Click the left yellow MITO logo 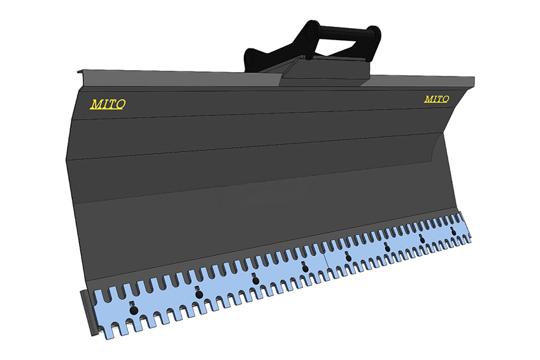[x=108, y=104]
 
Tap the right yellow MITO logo [x=437, y=99]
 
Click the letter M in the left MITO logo [x=96, y=104]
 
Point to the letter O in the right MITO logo [x=446, y=99]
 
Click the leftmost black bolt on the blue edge [x=134, y=310]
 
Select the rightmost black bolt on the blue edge [x=453, y=232]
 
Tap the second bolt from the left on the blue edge [x=199, y=294]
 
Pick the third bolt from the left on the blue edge [x=255, y=280]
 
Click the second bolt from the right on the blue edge [x=422, y=240]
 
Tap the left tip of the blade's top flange [x=78, y=71]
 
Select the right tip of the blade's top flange [x=474, y=82]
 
